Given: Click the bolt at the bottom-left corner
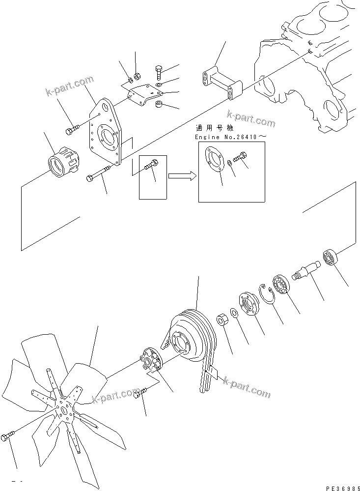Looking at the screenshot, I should point(10,437).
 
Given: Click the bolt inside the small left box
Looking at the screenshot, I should point(152,166).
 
